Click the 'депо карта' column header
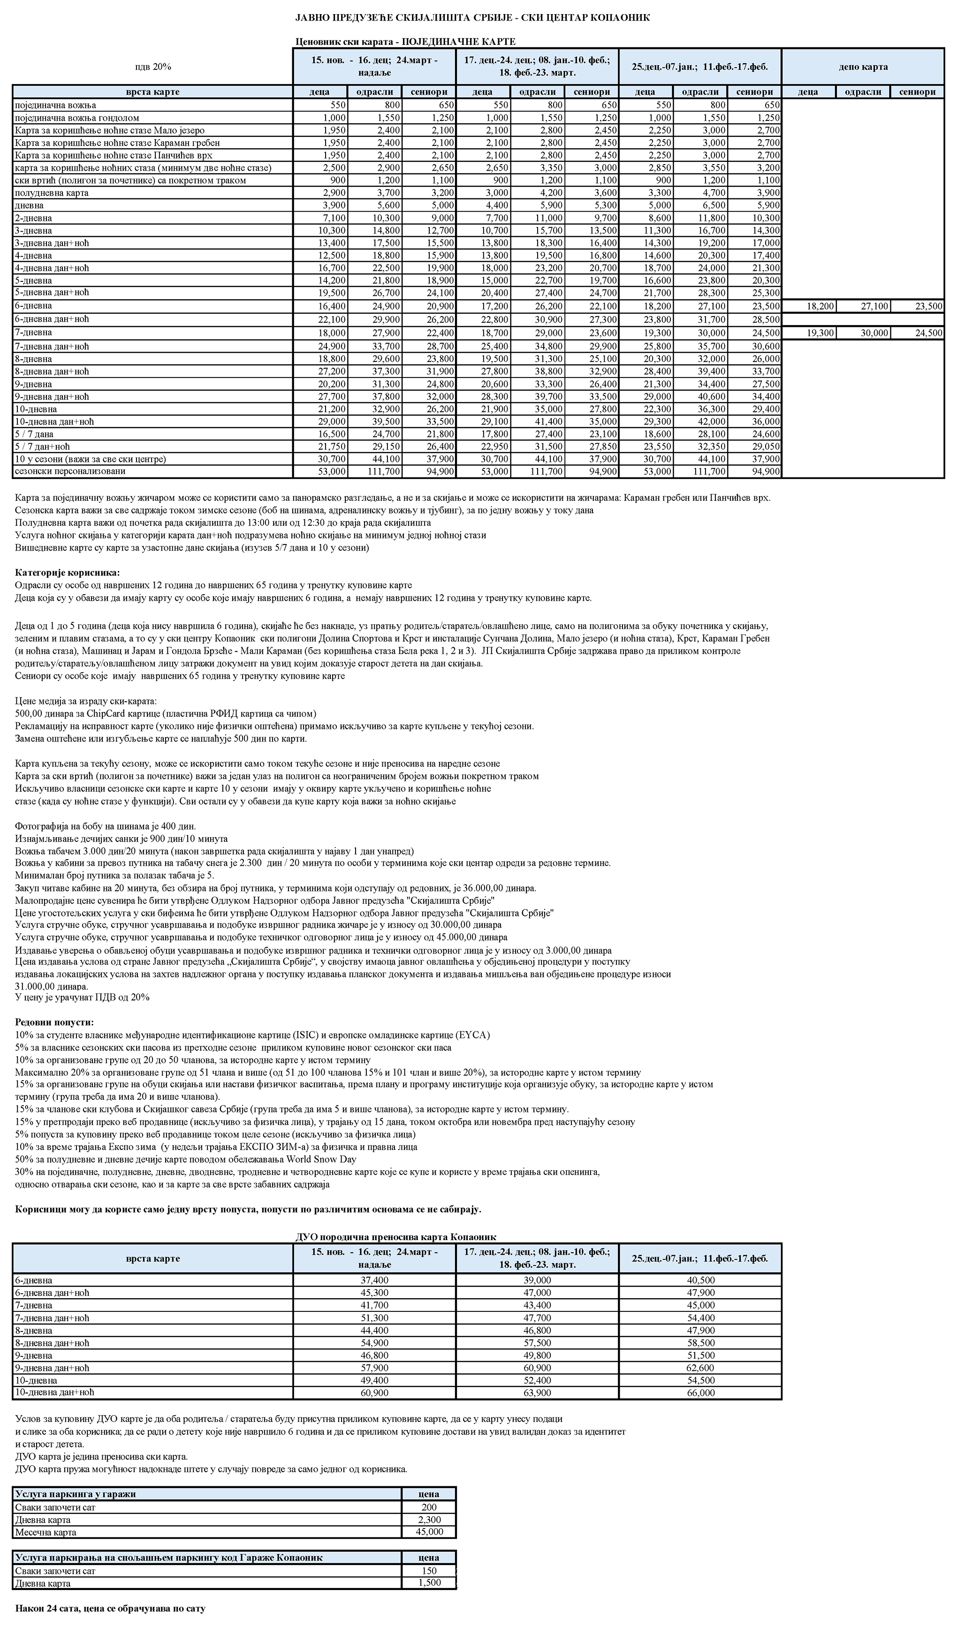863,67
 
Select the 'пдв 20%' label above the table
153,67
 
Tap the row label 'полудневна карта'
51,192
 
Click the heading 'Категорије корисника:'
67,573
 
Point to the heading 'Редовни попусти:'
54,1022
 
